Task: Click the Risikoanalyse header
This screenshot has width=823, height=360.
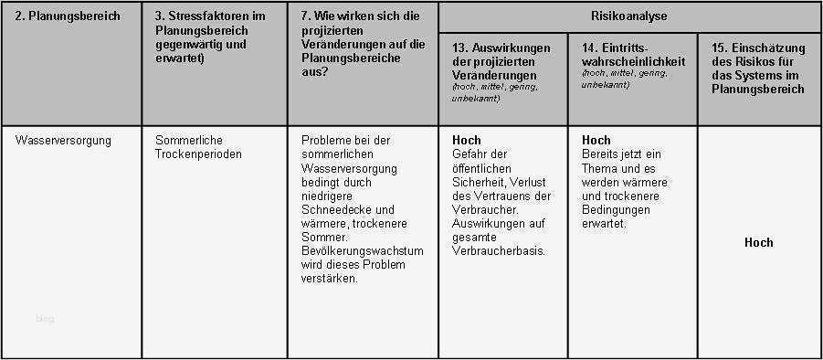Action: point(630,16)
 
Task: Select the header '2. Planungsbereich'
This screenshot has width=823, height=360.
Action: point(69,16)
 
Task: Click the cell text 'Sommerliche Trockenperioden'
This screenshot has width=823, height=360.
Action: point(199,147)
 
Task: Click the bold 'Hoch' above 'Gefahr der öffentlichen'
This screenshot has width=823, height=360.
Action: point(467,141)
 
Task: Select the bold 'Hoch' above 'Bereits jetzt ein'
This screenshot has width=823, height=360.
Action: point(596,141)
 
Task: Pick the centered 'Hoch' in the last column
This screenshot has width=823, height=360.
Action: point(758,242)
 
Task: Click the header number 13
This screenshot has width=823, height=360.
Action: point(461,47)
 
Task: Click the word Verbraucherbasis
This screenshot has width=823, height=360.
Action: point(499,251)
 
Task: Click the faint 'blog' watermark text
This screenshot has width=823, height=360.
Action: point(45,318)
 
